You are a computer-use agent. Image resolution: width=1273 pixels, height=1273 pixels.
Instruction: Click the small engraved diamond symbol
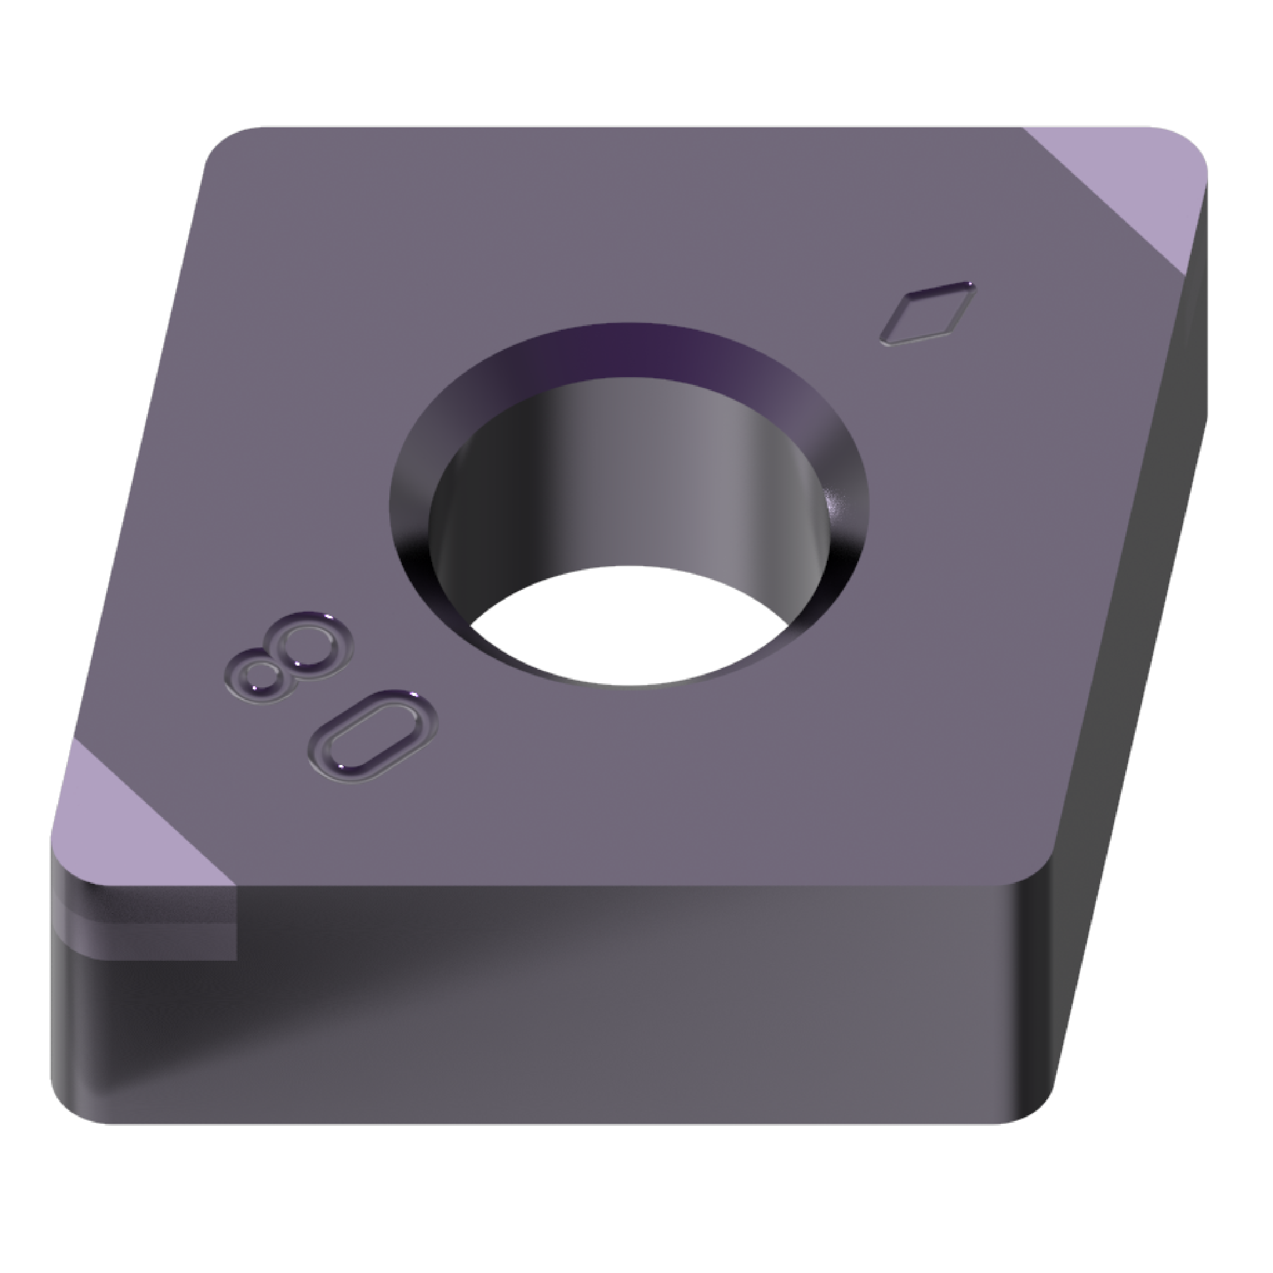pos(927,313)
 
